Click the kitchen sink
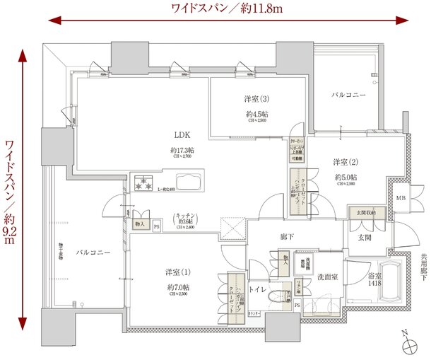190,182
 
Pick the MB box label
400,197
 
